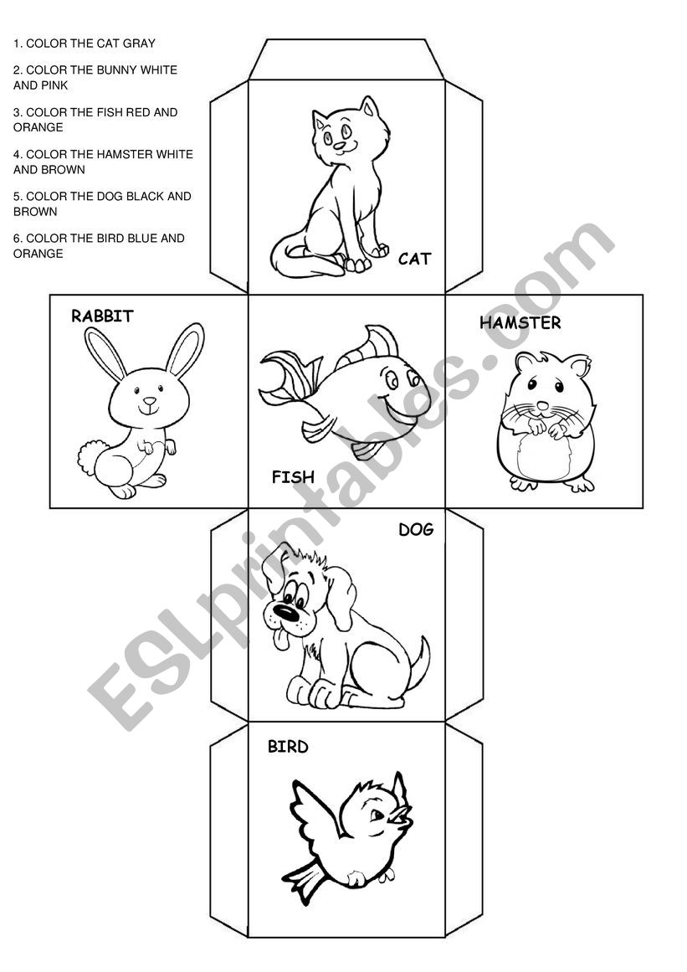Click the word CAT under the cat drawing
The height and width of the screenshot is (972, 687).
414,259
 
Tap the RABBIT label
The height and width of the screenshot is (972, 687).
102,316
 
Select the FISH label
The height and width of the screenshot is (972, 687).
293,476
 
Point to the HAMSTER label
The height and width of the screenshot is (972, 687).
520,322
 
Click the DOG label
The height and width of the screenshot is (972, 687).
416,529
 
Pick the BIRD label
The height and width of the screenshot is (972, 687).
288,746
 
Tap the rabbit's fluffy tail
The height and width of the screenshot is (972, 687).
92,457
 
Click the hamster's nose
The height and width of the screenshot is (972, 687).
543,405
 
